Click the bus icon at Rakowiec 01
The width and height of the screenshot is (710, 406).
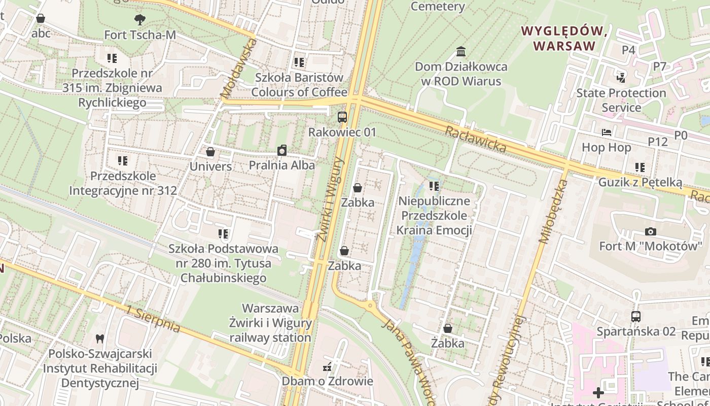[x=342, y=117]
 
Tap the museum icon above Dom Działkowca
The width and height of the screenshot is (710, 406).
[x=461, y=52]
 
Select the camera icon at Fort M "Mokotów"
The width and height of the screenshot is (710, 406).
[x=650, y=232]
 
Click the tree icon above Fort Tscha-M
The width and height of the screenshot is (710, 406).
[x=139, y=20]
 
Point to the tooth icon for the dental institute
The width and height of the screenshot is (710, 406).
[x=100, y=339]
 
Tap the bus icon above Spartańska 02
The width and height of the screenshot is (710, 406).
[x=636, y=317]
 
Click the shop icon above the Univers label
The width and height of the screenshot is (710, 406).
[x=210, y=152]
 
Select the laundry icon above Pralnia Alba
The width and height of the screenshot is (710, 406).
[x=282, y=150]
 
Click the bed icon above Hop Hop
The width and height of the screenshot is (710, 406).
[x=606, y=133]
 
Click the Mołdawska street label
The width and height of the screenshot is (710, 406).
[x=240, y=68]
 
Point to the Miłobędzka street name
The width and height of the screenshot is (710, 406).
[x=553, y=211]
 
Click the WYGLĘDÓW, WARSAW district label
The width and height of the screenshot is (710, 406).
[x=564, y=38]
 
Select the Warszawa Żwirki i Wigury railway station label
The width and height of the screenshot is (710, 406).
[x=270, y=323]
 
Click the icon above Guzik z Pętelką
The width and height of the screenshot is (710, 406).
[x=640, y=167]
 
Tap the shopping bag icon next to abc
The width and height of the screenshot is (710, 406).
[x=41, y=19]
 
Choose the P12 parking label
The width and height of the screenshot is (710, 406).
[x=658, y=142]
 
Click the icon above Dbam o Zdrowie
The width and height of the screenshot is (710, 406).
[x=328, y=366]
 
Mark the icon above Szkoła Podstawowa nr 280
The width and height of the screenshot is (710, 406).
[x=223, y=234]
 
